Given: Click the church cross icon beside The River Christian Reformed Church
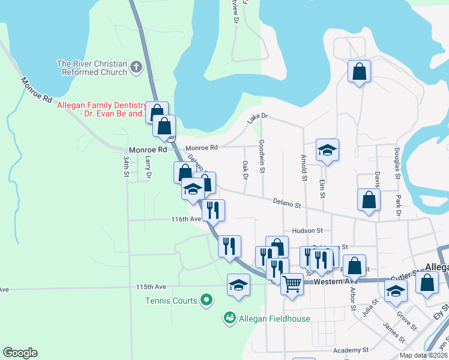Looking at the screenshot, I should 136,67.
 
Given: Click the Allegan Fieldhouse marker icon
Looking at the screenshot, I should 229,317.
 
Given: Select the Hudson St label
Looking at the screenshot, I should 307,230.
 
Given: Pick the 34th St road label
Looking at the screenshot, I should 127,166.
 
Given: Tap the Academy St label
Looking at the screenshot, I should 351,350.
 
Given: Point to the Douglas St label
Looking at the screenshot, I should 397,163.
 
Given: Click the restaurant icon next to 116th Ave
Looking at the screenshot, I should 213,209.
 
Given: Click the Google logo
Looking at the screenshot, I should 20,353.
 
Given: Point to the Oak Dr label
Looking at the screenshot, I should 245,169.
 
